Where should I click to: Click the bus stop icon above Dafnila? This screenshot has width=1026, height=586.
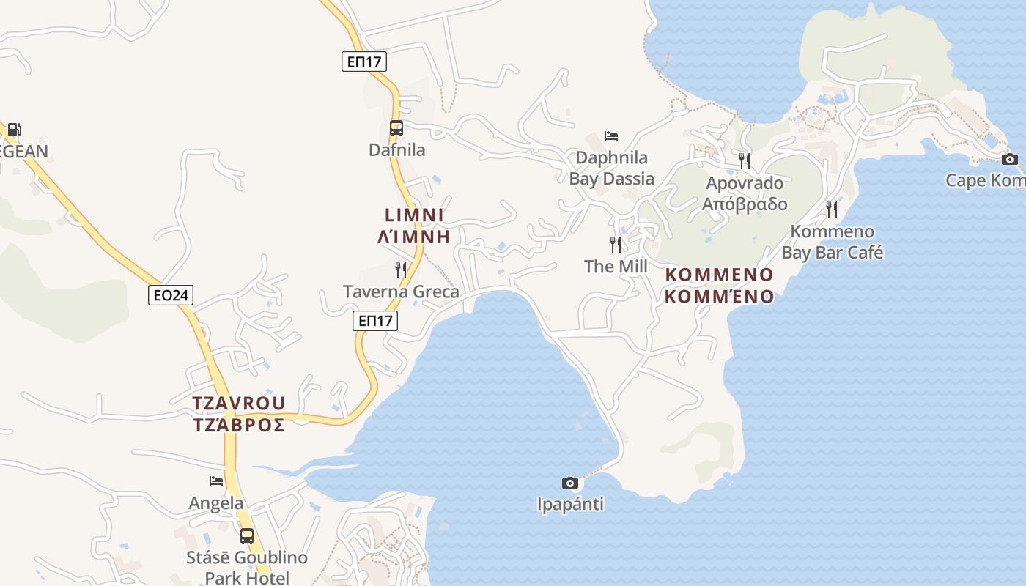[396, 128]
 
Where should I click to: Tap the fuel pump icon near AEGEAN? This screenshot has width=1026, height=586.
[14, 130]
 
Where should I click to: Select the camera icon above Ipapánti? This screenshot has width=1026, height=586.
[569, 483]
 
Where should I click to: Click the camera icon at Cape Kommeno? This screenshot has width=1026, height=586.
[1009, 159]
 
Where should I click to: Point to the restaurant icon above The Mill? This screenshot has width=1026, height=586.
[616, 244]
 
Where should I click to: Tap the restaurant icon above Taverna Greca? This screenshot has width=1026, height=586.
[401, 270]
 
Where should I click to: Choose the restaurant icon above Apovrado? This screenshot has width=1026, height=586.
[745, 161]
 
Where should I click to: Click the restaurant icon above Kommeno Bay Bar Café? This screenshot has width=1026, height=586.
[832, 209]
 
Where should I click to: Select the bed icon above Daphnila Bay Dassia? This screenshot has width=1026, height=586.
[611, 136]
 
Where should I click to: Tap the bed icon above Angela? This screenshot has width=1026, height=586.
[216, 481]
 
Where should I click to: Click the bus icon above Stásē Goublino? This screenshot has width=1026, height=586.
[247, 535]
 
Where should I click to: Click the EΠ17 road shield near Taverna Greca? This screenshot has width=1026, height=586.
[375, 320]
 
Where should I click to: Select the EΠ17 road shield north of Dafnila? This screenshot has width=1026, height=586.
[364, 62]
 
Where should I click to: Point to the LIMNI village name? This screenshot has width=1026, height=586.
[414, 215]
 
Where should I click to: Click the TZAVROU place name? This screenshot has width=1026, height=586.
[239, 404]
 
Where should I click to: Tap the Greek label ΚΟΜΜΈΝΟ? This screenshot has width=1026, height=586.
[720, 296]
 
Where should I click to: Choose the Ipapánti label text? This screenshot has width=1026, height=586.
[570, 504]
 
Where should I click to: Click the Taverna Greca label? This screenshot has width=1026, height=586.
[401, 292]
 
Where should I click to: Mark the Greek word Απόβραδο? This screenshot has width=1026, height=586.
[745, 204]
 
